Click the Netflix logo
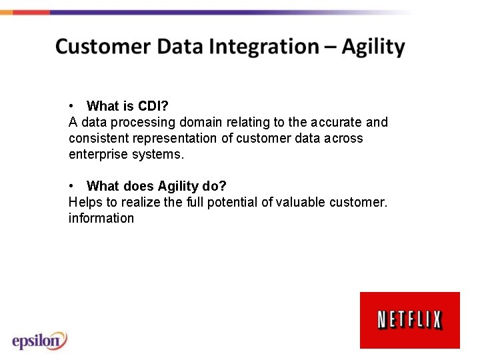click(x=409, y=320)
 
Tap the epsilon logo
click(x=39, y=340)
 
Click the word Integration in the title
click(x=263, y=47)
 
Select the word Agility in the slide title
click(x=373, y=47)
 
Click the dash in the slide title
click(x=331, y=47)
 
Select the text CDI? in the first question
click(x=153, y=106)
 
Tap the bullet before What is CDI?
click(x=71, y=106)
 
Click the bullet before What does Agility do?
click(x=71, y=186)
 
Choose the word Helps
click(x=85, y=202)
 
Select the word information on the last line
click(x=101, y=218)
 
